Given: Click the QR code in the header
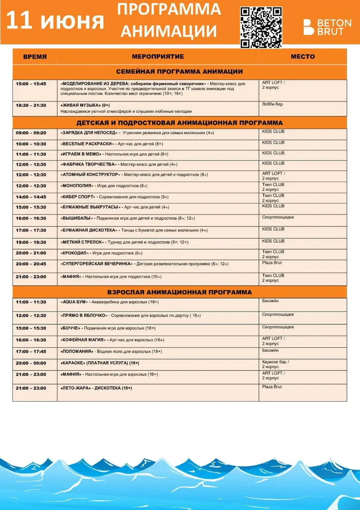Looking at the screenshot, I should (261, 27).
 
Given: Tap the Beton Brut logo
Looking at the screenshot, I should (327, 27).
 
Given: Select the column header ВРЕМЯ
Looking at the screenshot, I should (35, 57).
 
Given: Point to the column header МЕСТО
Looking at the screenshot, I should (303, 57).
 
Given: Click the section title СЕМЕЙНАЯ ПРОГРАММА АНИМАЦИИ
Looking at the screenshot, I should (180, 72).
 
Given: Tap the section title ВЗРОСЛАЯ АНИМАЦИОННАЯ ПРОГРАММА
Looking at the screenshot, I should (180, 292).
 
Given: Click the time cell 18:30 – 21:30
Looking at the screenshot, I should (31, 105).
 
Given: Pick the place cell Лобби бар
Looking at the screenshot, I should (272, 104).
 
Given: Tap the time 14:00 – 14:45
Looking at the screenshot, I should (31, 197).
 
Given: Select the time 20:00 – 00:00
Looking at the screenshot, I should (31, 363).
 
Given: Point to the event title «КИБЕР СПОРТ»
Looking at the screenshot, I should (78, 197).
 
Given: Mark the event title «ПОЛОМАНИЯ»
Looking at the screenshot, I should (77, 351).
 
